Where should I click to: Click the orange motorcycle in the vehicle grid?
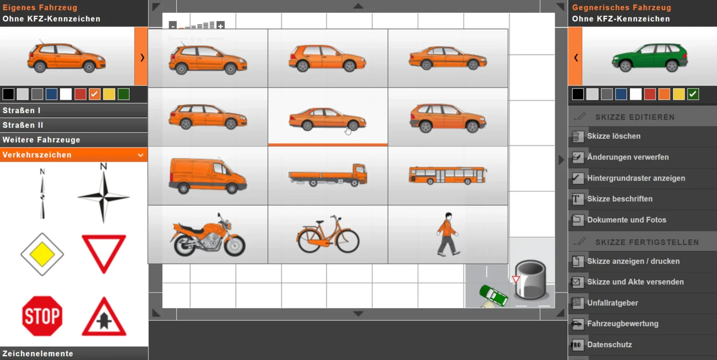pyautogui.click(x=208, y=235)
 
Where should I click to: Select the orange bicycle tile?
pyautogui.click(x=328, y=234)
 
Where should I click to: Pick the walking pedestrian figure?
pyautogui.click(x=448, y=234)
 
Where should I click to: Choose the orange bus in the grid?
pyautogui.click(x=448, y=175)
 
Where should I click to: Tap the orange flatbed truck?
pyautogui.click(x=328, y=175)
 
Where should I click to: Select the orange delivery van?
pyautogui.click(x=208, y=175)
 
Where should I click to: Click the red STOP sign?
pyautogui.click(x=42, y=316)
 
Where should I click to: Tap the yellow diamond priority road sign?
pyautogui.click(x=42, y=255)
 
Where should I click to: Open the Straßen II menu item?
pyautogui.click(x=23, y=125)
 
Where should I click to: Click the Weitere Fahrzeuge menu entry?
pyautogui.click(x=41, y=140)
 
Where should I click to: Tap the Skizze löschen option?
pyautogui.click(x=614, y=136)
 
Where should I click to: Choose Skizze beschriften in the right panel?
pyautogui.click(x=620, y=199)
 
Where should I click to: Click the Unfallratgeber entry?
pyautogui.click(x=613, y=303)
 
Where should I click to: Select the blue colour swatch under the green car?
pyautogui.click(x=621, y=94)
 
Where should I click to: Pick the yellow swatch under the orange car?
pyautogui.click(x=109, y=94)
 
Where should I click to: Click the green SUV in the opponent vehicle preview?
pyautogui.click(x=650, y=57)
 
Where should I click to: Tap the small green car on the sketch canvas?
pyautogui.click(x=493, y=295)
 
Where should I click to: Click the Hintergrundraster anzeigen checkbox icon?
pyautogui.click(x=578, y=178)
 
